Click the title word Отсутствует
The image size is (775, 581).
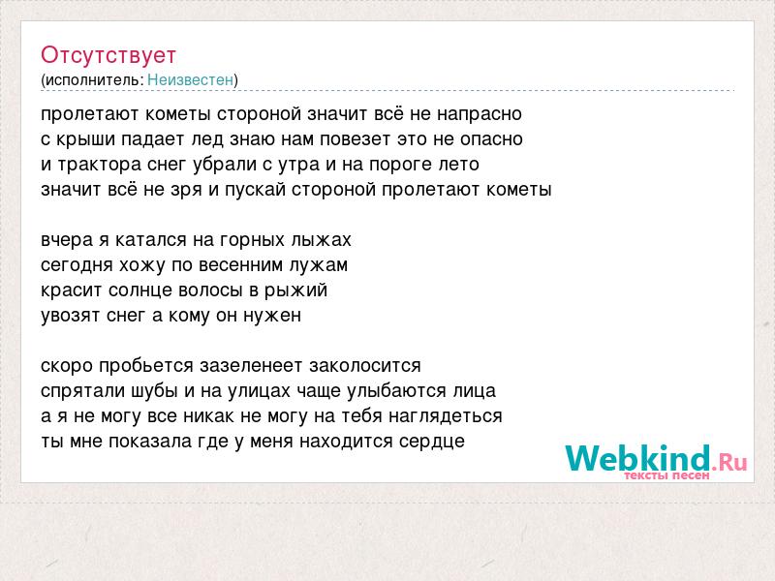click(x=108, y=55)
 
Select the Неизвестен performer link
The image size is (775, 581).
click(x=190, y=79)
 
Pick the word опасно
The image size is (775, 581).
click(x=491, y=139)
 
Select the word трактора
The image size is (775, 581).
click(x=100, y=165)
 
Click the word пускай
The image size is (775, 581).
click(x=256, y=190)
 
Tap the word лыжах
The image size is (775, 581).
click(x=322, y=240)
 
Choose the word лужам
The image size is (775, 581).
click(x=319, y=265)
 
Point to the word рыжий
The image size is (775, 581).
click(x=296, y=290)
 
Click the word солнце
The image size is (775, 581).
click(x=139, y=290)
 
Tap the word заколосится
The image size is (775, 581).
click(x=365, y=366)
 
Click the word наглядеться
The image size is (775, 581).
click(x=446, y=416)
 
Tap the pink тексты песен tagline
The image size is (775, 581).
click(x=666, y=475)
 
